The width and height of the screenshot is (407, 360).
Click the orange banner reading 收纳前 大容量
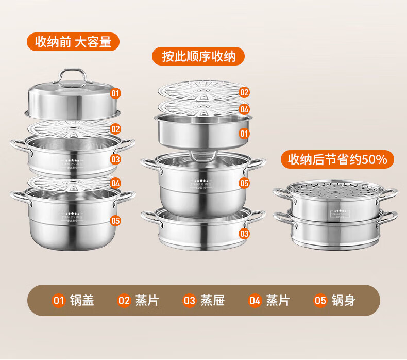[x=73, y=42]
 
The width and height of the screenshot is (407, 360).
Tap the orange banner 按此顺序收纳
[x=198, y=56]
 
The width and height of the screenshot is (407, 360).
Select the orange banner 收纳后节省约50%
[x=337, y=159]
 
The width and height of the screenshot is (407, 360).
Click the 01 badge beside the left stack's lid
[x=115, y=94]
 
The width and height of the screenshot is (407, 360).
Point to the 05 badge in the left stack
[x=115, y=220]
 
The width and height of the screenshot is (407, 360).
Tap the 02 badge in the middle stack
[x=244, y=92]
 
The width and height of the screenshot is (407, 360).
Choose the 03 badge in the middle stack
[x=244, y=234]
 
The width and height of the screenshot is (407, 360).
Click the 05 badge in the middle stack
[x=244, y=183]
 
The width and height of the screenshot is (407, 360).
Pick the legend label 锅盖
[x=82, y=300]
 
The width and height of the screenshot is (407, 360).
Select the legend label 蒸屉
[x=212, y=300]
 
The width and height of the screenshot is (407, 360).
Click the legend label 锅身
[x=343, y=300]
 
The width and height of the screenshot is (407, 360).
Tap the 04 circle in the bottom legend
[x=255, y=300]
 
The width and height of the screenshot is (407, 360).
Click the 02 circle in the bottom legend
[x=124, y=300]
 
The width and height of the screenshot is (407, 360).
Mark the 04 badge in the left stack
[x=115, y=183]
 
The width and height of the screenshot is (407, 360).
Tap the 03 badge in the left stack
[x=115, y=159]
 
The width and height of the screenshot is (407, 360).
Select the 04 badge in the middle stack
[x=244, y=109]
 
